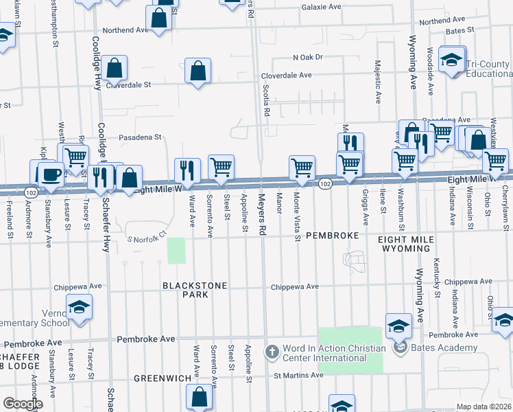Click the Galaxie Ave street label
point(321,7)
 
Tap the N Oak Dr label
point(307,57)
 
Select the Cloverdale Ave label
point(286,76)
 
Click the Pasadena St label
point(139,137)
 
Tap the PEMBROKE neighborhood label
point(332,236)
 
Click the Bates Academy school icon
point(399,326)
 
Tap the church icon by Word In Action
point(272,352)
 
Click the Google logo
point(23,404)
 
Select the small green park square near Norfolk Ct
point(176,251)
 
